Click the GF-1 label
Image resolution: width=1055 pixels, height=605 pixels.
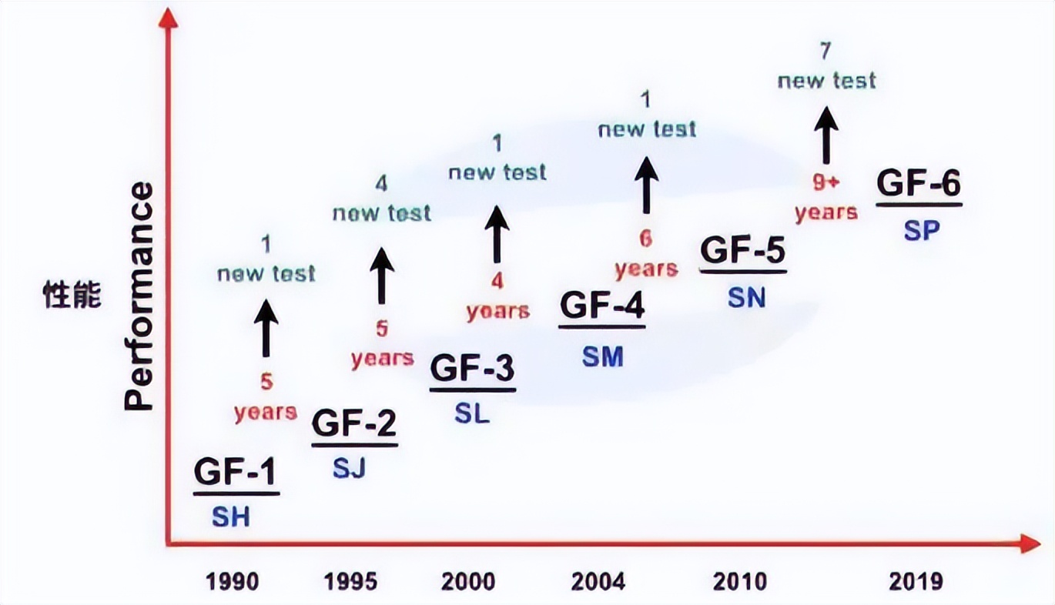[x=235, y=473]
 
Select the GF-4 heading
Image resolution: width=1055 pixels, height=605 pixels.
[x=602, y=306]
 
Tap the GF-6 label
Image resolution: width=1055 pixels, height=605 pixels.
[x=919, y=184]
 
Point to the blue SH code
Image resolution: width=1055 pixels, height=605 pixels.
[x=231, y=517]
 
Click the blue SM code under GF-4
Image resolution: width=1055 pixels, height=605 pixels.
[x=602, y=357]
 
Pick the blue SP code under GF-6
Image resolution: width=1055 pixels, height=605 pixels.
[x=922, y=230]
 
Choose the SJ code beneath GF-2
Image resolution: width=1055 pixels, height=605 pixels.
[x=349, y=469]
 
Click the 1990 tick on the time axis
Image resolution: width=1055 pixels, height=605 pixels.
[x=233, y=581]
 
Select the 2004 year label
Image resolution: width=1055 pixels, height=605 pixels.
[x=598, y=581]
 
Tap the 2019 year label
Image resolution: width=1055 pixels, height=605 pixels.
[x=916, y=581]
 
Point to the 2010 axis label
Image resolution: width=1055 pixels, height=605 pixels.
[x=740, y=581]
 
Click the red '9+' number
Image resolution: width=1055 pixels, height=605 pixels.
[x=826, y=182]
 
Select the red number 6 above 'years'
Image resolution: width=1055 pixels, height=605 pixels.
[x=646, y=239]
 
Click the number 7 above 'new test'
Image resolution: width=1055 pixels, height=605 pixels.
[x=826, y=51]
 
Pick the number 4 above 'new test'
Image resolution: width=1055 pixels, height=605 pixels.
[x=381, y=184]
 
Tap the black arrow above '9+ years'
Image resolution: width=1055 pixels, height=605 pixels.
[x=826, y=135]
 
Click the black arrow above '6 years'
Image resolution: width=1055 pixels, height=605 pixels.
[x=646, y=185]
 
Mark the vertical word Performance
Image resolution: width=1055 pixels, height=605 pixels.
[x=139, y=296]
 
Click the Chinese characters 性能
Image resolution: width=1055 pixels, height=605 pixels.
[x=72, y=296]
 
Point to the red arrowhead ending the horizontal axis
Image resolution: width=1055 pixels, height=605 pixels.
[x=1030, y=544]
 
